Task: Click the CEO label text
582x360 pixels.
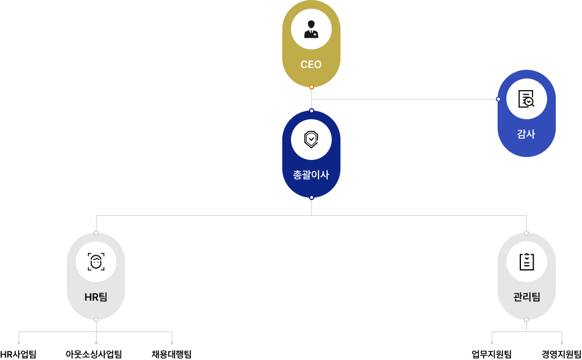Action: tap(311, 65)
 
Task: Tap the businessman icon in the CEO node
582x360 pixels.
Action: tap(311, 29)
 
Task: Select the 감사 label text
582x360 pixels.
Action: tap(526, 134)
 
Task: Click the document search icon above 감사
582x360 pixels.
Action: tap(526, 99)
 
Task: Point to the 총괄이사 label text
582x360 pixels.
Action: tap(311, 174)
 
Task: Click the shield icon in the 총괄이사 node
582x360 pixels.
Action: tap(311, 140)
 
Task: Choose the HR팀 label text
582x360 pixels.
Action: tap(96, 297)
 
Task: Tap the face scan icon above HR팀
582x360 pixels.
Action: tap(96, 262)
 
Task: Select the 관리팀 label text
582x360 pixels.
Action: tap(526, 297)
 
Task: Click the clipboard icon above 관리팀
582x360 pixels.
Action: tap(526, 262)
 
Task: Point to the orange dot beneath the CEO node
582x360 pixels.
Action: tap(311, 87)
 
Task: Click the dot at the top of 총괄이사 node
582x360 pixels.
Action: tap(311, 111)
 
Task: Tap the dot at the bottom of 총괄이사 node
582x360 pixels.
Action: tap(311, 198)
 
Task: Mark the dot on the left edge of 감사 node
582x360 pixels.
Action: tap(498, 99)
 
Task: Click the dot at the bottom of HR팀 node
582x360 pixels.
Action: tap(96, 320)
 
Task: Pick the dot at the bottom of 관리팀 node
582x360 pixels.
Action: tap(526, 320)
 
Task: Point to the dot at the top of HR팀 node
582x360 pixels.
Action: tap(96, 233)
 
